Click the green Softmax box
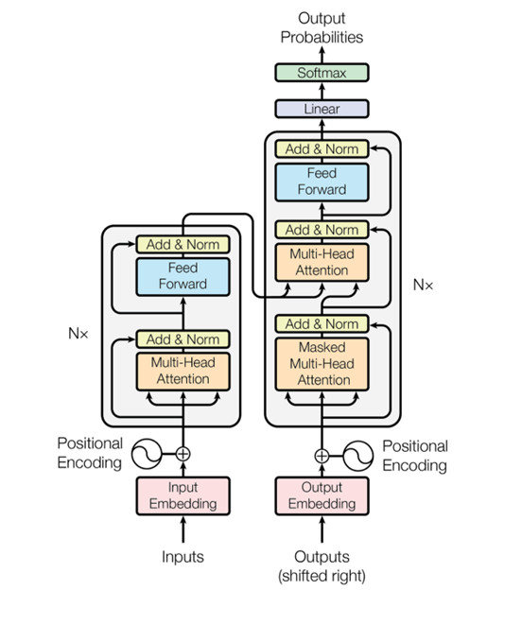322,73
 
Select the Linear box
322,109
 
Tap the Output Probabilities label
322,27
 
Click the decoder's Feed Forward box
322,182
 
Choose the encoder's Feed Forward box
183,277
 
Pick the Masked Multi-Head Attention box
322,364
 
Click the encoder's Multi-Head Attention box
183,371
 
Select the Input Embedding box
183,495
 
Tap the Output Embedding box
322,495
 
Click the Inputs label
183,556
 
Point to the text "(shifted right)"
322,576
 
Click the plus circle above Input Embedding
183,454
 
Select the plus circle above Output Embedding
322,456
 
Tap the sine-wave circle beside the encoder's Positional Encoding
147,454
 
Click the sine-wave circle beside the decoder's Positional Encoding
358,456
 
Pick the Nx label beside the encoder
78,333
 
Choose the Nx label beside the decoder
423,285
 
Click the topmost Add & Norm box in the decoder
322,148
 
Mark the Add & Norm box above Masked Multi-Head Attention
322,323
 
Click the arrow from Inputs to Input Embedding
183,530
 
